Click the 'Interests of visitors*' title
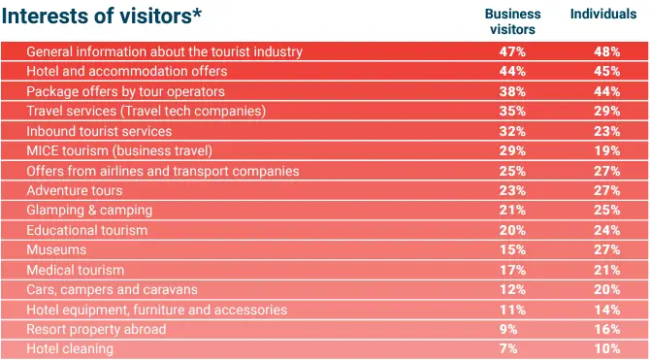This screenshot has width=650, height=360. coord(102,16)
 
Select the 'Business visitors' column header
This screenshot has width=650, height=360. coord(512,21)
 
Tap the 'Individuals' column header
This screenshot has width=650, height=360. coord(603,15)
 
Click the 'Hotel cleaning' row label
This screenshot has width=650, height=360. coord(70,348)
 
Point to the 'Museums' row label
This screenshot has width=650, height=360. coord(56,249)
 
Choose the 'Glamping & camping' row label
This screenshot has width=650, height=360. coord(89,211)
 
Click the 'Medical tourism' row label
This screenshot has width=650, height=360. coord(75,270)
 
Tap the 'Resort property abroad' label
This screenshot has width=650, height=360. coord(96,329)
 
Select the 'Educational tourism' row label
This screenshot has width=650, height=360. coord(86,230)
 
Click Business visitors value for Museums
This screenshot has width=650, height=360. coord(512,249)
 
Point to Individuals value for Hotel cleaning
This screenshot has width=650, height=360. coord(607,348)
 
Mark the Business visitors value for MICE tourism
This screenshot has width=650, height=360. coord(512,150)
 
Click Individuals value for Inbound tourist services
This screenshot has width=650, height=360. coord(607,131)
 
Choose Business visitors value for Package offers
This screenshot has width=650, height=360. coord(512,91)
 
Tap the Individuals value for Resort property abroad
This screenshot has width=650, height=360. coord(607,329)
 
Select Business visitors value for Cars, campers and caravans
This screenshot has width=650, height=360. coord(512,289)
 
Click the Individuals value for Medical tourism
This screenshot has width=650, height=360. coord(607,270)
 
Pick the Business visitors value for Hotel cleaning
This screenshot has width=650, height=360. coord(508,348)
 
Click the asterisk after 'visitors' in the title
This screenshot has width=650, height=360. coord(197,12)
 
